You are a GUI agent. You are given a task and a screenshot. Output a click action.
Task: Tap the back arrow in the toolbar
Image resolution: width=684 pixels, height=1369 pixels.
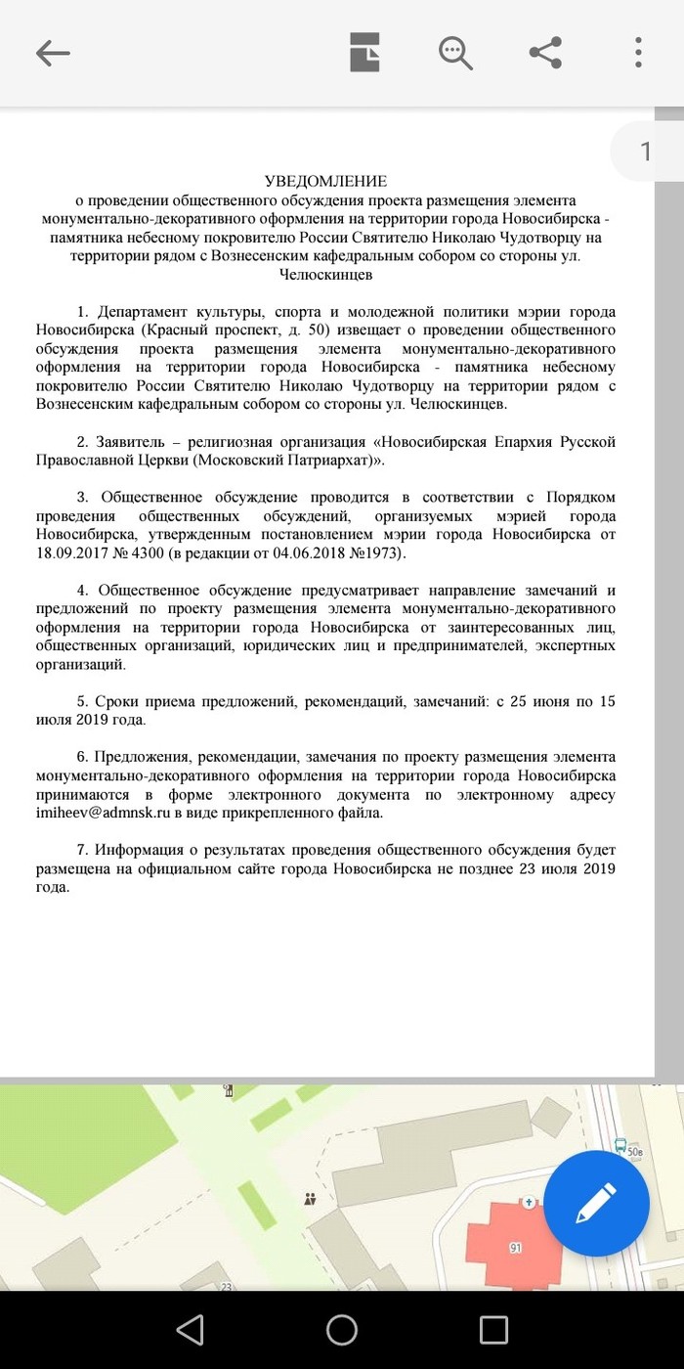click(x=53, y=53)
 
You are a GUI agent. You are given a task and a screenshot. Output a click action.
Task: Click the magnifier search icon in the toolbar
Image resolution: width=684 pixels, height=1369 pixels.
click(x=455, y=52)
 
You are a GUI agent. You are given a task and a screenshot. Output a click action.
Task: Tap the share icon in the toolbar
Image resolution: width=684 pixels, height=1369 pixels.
click(x=545, y=52)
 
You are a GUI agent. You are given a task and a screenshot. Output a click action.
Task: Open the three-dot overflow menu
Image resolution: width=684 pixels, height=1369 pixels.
click(x=638, y=52)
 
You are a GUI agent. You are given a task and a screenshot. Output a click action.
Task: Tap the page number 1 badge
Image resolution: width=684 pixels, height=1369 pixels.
click(x=645, y=151)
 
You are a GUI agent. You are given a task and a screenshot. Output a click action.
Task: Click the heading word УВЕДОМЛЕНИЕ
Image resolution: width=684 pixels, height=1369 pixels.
click(x=326, y=181)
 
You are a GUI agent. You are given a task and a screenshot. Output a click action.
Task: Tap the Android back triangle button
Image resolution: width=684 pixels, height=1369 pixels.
click(x=190, y=1329)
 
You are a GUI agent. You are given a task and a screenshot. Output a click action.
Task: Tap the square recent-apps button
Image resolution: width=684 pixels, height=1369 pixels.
click(x=493, y=1329)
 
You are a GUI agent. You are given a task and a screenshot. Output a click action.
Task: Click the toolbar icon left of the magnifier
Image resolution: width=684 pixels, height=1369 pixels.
click(x=365, y=52)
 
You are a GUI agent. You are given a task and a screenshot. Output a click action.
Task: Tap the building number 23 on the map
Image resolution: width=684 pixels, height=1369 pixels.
click(x=226, y=1287)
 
